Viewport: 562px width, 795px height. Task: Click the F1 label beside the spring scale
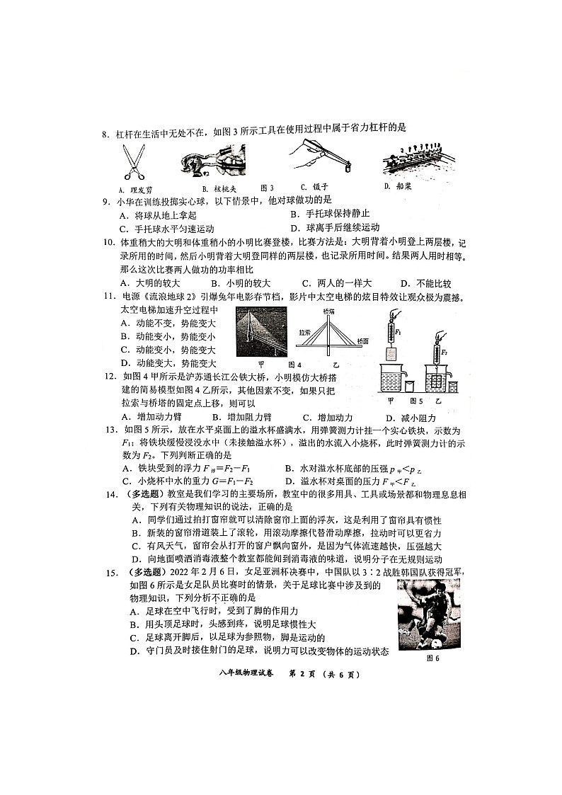point(398,331)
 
